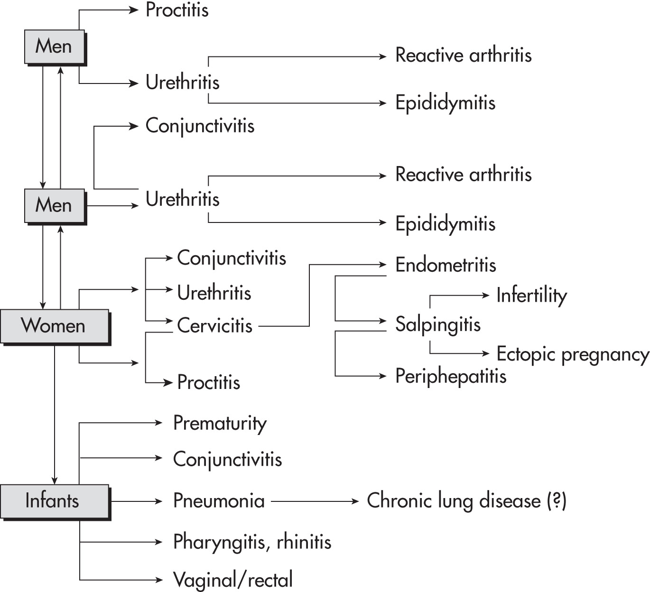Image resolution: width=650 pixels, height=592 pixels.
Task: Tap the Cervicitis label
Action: pyautogui.click(x=215, y=325)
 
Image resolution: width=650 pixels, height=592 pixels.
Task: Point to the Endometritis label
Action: pyautogui.click(x=446, y=265)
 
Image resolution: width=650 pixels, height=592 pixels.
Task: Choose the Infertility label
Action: pyautogui.click(x=532, y=296)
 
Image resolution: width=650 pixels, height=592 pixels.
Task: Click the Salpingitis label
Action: pyautogui.click(x=438, y=325)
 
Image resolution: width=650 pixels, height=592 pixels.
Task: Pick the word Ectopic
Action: pyautogui.click(x=526, y=354)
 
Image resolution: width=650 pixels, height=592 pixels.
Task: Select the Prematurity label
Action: pyautogui.click(x=220, y=424)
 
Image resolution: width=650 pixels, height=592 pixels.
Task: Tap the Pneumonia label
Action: pyautogui.click(x=219, y=501)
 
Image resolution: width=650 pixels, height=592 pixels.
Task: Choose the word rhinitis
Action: pyautogui.click(x=304, y=541)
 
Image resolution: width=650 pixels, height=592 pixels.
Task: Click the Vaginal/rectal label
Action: pyautogui.click(x=233, y=580)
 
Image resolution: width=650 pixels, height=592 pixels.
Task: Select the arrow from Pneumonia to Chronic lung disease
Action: pyautogui.click(x=315, y=501)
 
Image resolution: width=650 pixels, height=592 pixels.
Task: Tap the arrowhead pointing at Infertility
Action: pyautogui.click(x=486, y=295)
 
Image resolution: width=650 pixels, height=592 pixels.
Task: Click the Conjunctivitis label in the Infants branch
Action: pyautogui.click(x=227, y=460)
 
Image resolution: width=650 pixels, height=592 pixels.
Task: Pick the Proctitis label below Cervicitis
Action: pyautogui.click(x=209, y=382)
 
